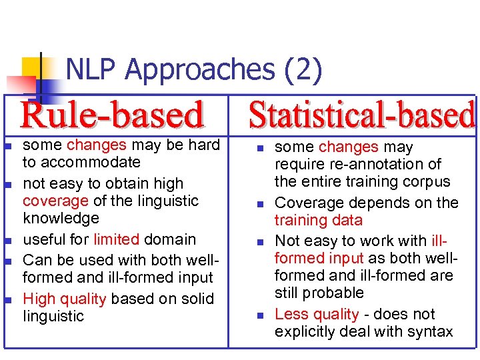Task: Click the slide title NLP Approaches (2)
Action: click(194, 69)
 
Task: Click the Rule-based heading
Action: click(112, 115)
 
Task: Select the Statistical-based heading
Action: click(362, 115)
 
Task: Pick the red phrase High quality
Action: click(64, 299)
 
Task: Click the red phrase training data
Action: click(319, 220)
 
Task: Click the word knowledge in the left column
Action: click(60, 218)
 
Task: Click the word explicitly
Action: click(307, 331)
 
